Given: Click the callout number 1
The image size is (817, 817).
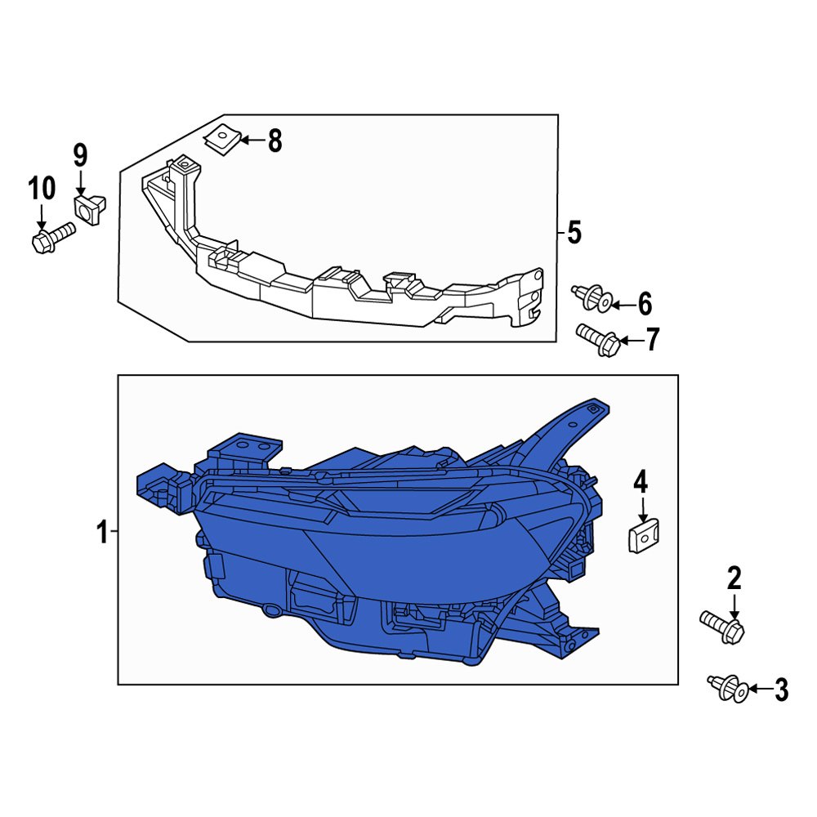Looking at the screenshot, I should (102, 534).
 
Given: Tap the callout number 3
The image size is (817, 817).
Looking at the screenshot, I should (781, 690).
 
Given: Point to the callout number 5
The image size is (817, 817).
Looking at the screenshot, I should (574, 233).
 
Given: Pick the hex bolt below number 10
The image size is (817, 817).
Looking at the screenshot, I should (51, 238).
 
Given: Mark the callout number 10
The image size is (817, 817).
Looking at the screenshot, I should (42, 189).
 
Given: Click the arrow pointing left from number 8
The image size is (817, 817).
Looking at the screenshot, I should (252, 141).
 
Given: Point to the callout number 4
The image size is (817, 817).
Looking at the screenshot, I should (641, 483).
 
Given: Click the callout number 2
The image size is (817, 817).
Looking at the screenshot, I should (734, 579).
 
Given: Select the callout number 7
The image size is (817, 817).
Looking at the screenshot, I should (651, 341).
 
